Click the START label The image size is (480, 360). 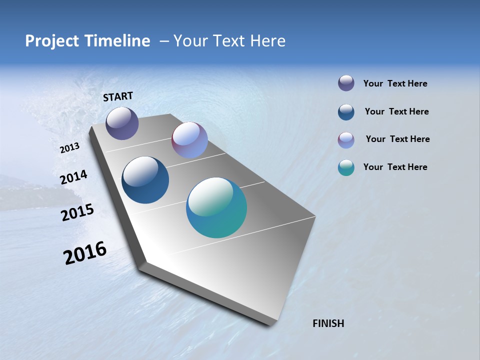click(118, 96)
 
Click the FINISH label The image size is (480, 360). click(328, 323)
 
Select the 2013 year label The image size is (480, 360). click(70, 148)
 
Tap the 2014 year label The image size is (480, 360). click(74, 177)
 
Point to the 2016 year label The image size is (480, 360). click(85, 252)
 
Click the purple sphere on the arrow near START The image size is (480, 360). click(122, 123)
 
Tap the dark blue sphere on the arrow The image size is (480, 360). click(145, 180)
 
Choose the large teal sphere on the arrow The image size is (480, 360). click(216, 207)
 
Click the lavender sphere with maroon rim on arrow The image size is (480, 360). click(189, 140)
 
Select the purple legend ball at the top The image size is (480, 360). click(346, 83)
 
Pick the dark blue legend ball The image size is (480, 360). click(346, 112)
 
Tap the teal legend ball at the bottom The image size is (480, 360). click(346, 167)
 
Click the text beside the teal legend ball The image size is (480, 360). click(395, 167)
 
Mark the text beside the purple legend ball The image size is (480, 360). click(395, 83)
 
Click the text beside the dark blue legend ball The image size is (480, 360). click(396, 111)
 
